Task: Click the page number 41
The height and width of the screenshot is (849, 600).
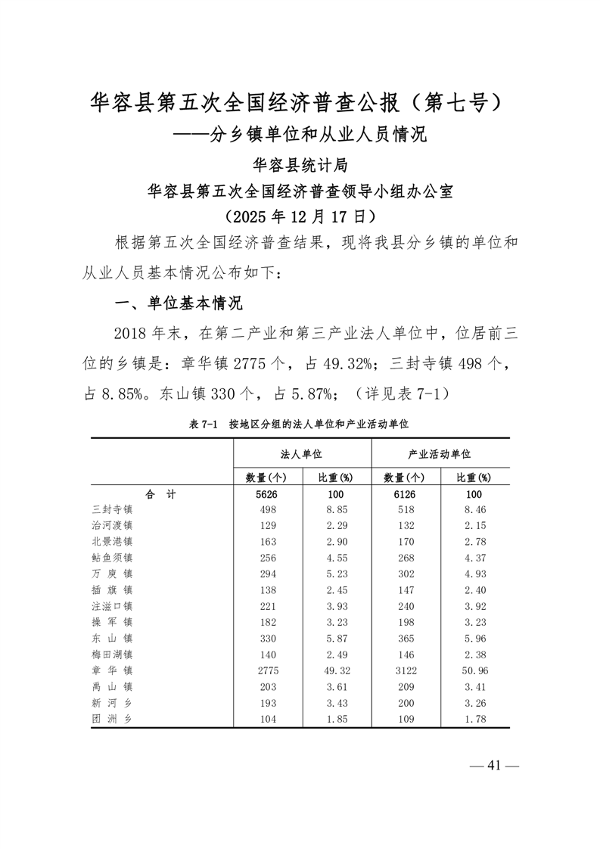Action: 495,766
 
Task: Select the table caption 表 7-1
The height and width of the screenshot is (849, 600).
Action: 202,424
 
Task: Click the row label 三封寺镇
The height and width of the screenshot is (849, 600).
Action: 112,510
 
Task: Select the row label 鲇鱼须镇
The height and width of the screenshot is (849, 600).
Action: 112,558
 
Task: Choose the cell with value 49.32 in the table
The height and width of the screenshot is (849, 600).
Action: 335,670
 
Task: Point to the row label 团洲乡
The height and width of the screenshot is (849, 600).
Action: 112,718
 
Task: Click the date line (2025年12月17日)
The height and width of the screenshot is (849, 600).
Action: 300,216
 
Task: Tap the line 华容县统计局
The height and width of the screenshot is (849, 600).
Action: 300,164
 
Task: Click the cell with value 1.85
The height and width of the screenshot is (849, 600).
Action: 335,718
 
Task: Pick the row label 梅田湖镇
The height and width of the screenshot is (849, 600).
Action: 112,655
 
